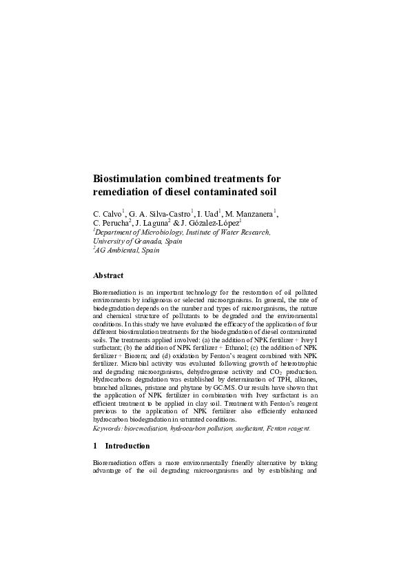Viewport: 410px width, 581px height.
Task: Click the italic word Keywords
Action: click(108, 428)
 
